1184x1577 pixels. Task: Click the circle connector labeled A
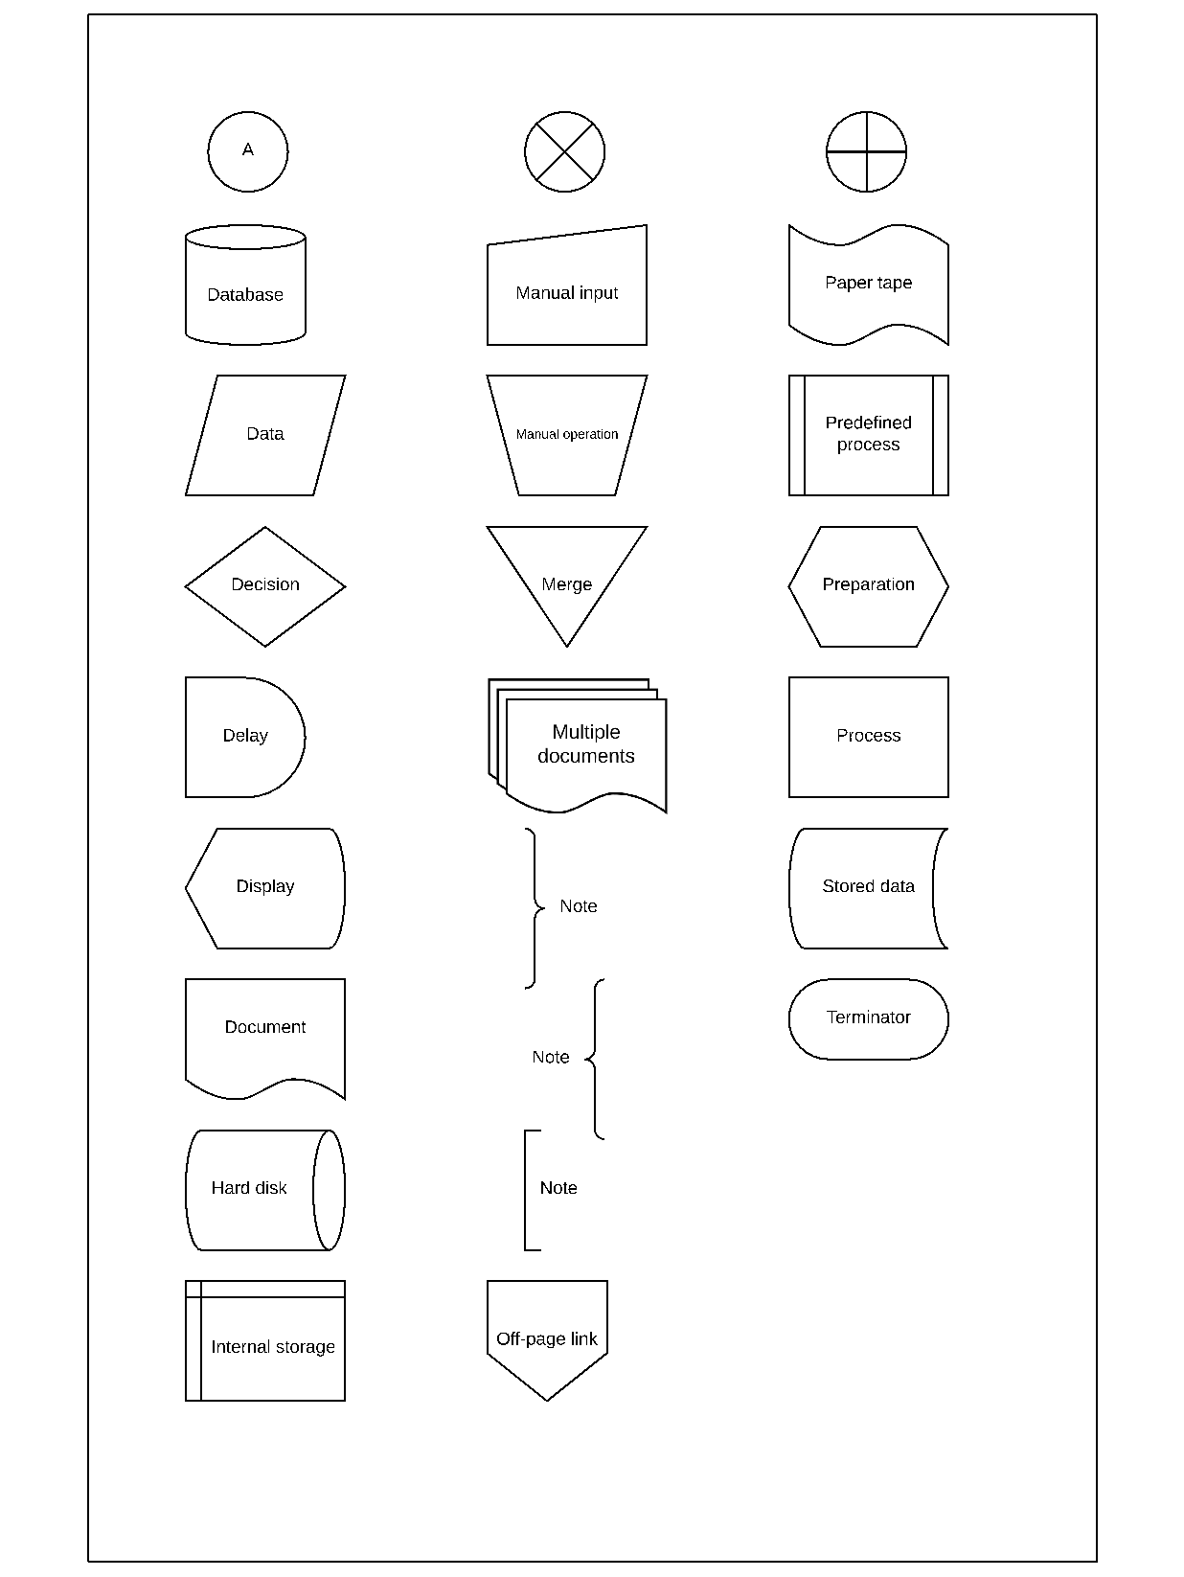[247, 151]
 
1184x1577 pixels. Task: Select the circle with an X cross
[564, 151]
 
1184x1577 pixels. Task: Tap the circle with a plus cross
[866, 151]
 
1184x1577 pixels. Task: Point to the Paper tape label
[868, 283]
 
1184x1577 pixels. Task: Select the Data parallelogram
[265, 435]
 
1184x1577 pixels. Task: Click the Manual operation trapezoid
[567, 435]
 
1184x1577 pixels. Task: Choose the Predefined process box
[868, 435]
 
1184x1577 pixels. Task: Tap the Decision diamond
[265, 585]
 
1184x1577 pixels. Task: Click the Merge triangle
[567, 581]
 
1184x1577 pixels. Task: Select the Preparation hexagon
[868, 585]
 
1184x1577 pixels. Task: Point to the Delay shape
[244, 737]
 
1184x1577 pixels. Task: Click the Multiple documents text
[586, 744]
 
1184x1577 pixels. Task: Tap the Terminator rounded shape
[868, 1018]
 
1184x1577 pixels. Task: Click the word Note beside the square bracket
[558, 1188]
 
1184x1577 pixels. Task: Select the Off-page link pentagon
[547, 1338]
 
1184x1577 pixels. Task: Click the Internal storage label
[273, 1347]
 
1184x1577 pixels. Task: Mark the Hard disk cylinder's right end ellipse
[329, 1190]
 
